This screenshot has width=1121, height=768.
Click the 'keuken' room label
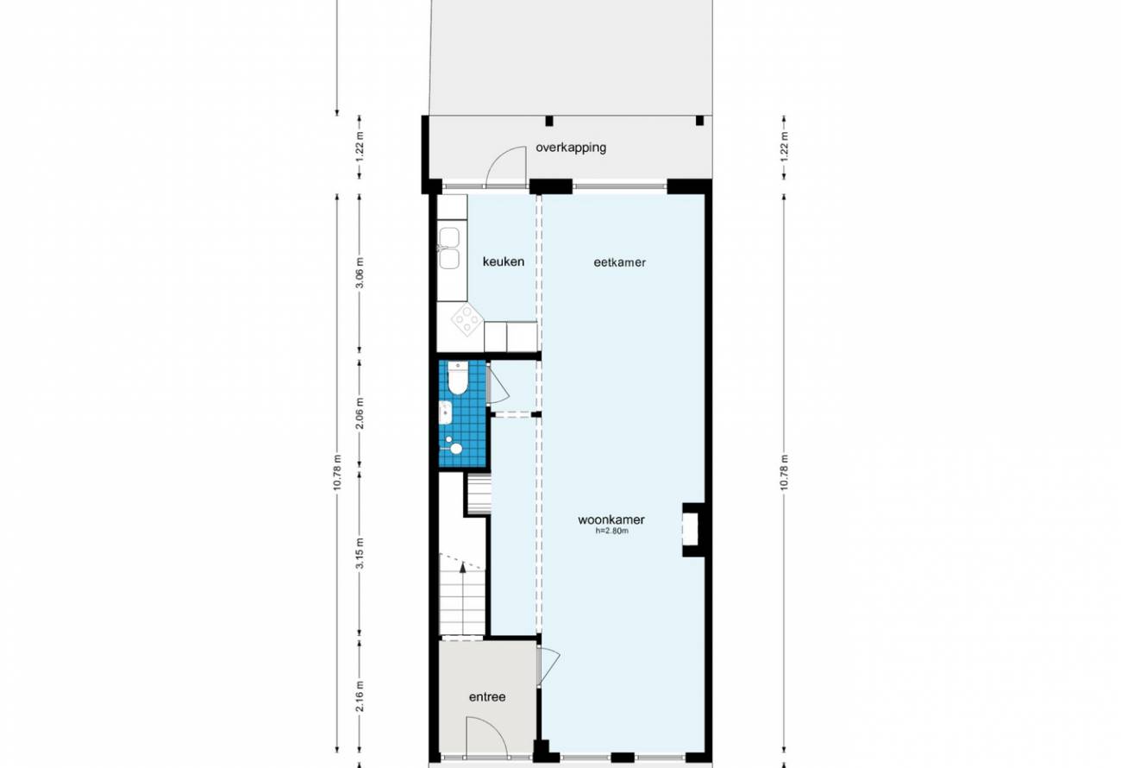pyautogui.click(x=504, y=261)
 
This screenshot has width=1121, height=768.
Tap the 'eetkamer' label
pyautogui.click(x=619, y=262)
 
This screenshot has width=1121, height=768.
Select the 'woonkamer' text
pyautogui.click(x=611, y=519)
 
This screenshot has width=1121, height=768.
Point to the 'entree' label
pyautogui.click(x=487, y=697)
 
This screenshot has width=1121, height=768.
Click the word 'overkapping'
pyautogui.click(x=571, y=148)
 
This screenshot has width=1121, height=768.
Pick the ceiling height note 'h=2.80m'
pyautogui.click(x=611, y=531)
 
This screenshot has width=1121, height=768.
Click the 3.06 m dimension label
pyautogui.click(x=360, y=273)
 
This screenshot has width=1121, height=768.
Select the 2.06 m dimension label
pyautogui.click(x=360, y=413)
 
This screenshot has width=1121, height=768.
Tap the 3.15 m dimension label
pyautogui.click(x=360, y=553)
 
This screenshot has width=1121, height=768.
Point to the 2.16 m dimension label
pyautogui.click(x=360, y=696)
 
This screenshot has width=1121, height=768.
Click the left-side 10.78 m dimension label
pyautogui.click(x=337, y=472)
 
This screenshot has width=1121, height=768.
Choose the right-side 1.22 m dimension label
pyautogui.click(x=784, y=144)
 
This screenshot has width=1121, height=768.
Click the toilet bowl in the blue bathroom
pyautogui.click(x=457, y=378)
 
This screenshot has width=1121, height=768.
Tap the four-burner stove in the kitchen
pyautogui.click(x=467, y=319)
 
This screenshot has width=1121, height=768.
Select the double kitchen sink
pyautogui.click(x=449, y=249)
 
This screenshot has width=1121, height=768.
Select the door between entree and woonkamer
pyautogui.click(x=548, y=666)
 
